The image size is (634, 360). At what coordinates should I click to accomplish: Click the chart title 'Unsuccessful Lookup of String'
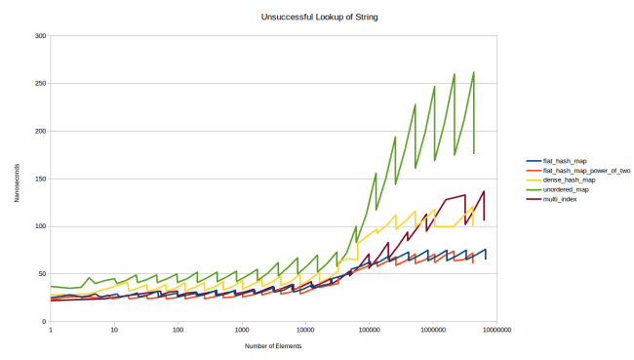(x=316, y=17)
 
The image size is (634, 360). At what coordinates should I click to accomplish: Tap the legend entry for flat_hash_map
(x=563, y=161)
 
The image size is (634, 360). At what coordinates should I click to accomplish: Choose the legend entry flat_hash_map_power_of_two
(x=579, y=171)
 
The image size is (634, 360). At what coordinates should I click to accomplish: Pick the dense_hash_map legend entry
(x=566, y=180)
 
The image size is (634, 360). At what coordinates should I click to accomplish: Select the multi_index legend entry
(x=558, y=199)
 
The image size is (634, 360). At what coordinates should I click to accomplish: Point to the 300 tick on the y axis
(x=40, y=36)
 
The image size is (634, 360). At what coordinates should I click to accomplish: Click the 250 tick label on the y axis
(x=40, y=84)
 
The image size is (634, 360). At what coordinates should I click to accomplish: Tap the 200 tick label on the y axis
(x=40, y=131)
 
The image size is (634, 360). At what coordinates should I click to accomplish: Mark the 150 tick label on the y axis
(x=40, y=179)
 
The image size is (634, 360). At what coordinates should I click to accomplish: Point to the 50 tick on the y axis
(x=42, y=274)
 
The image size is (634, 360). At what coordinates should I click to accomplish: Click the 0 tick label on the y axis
(x=44, y=322)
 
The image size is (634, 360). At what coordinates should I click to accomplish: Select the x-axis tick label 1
(x=50, y=330)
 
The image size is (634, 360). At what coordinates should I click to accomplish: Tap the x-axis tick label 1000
(x=241, y=330)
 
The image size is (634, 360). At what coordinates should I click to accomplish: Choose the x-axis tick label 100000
(x=369, y=330)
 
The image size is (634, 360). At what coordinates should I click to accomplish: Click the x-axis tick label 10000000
(x=496, y=330)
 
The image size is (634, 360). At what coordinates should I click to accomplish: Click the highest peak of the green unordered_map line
(x=474, y=72)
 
